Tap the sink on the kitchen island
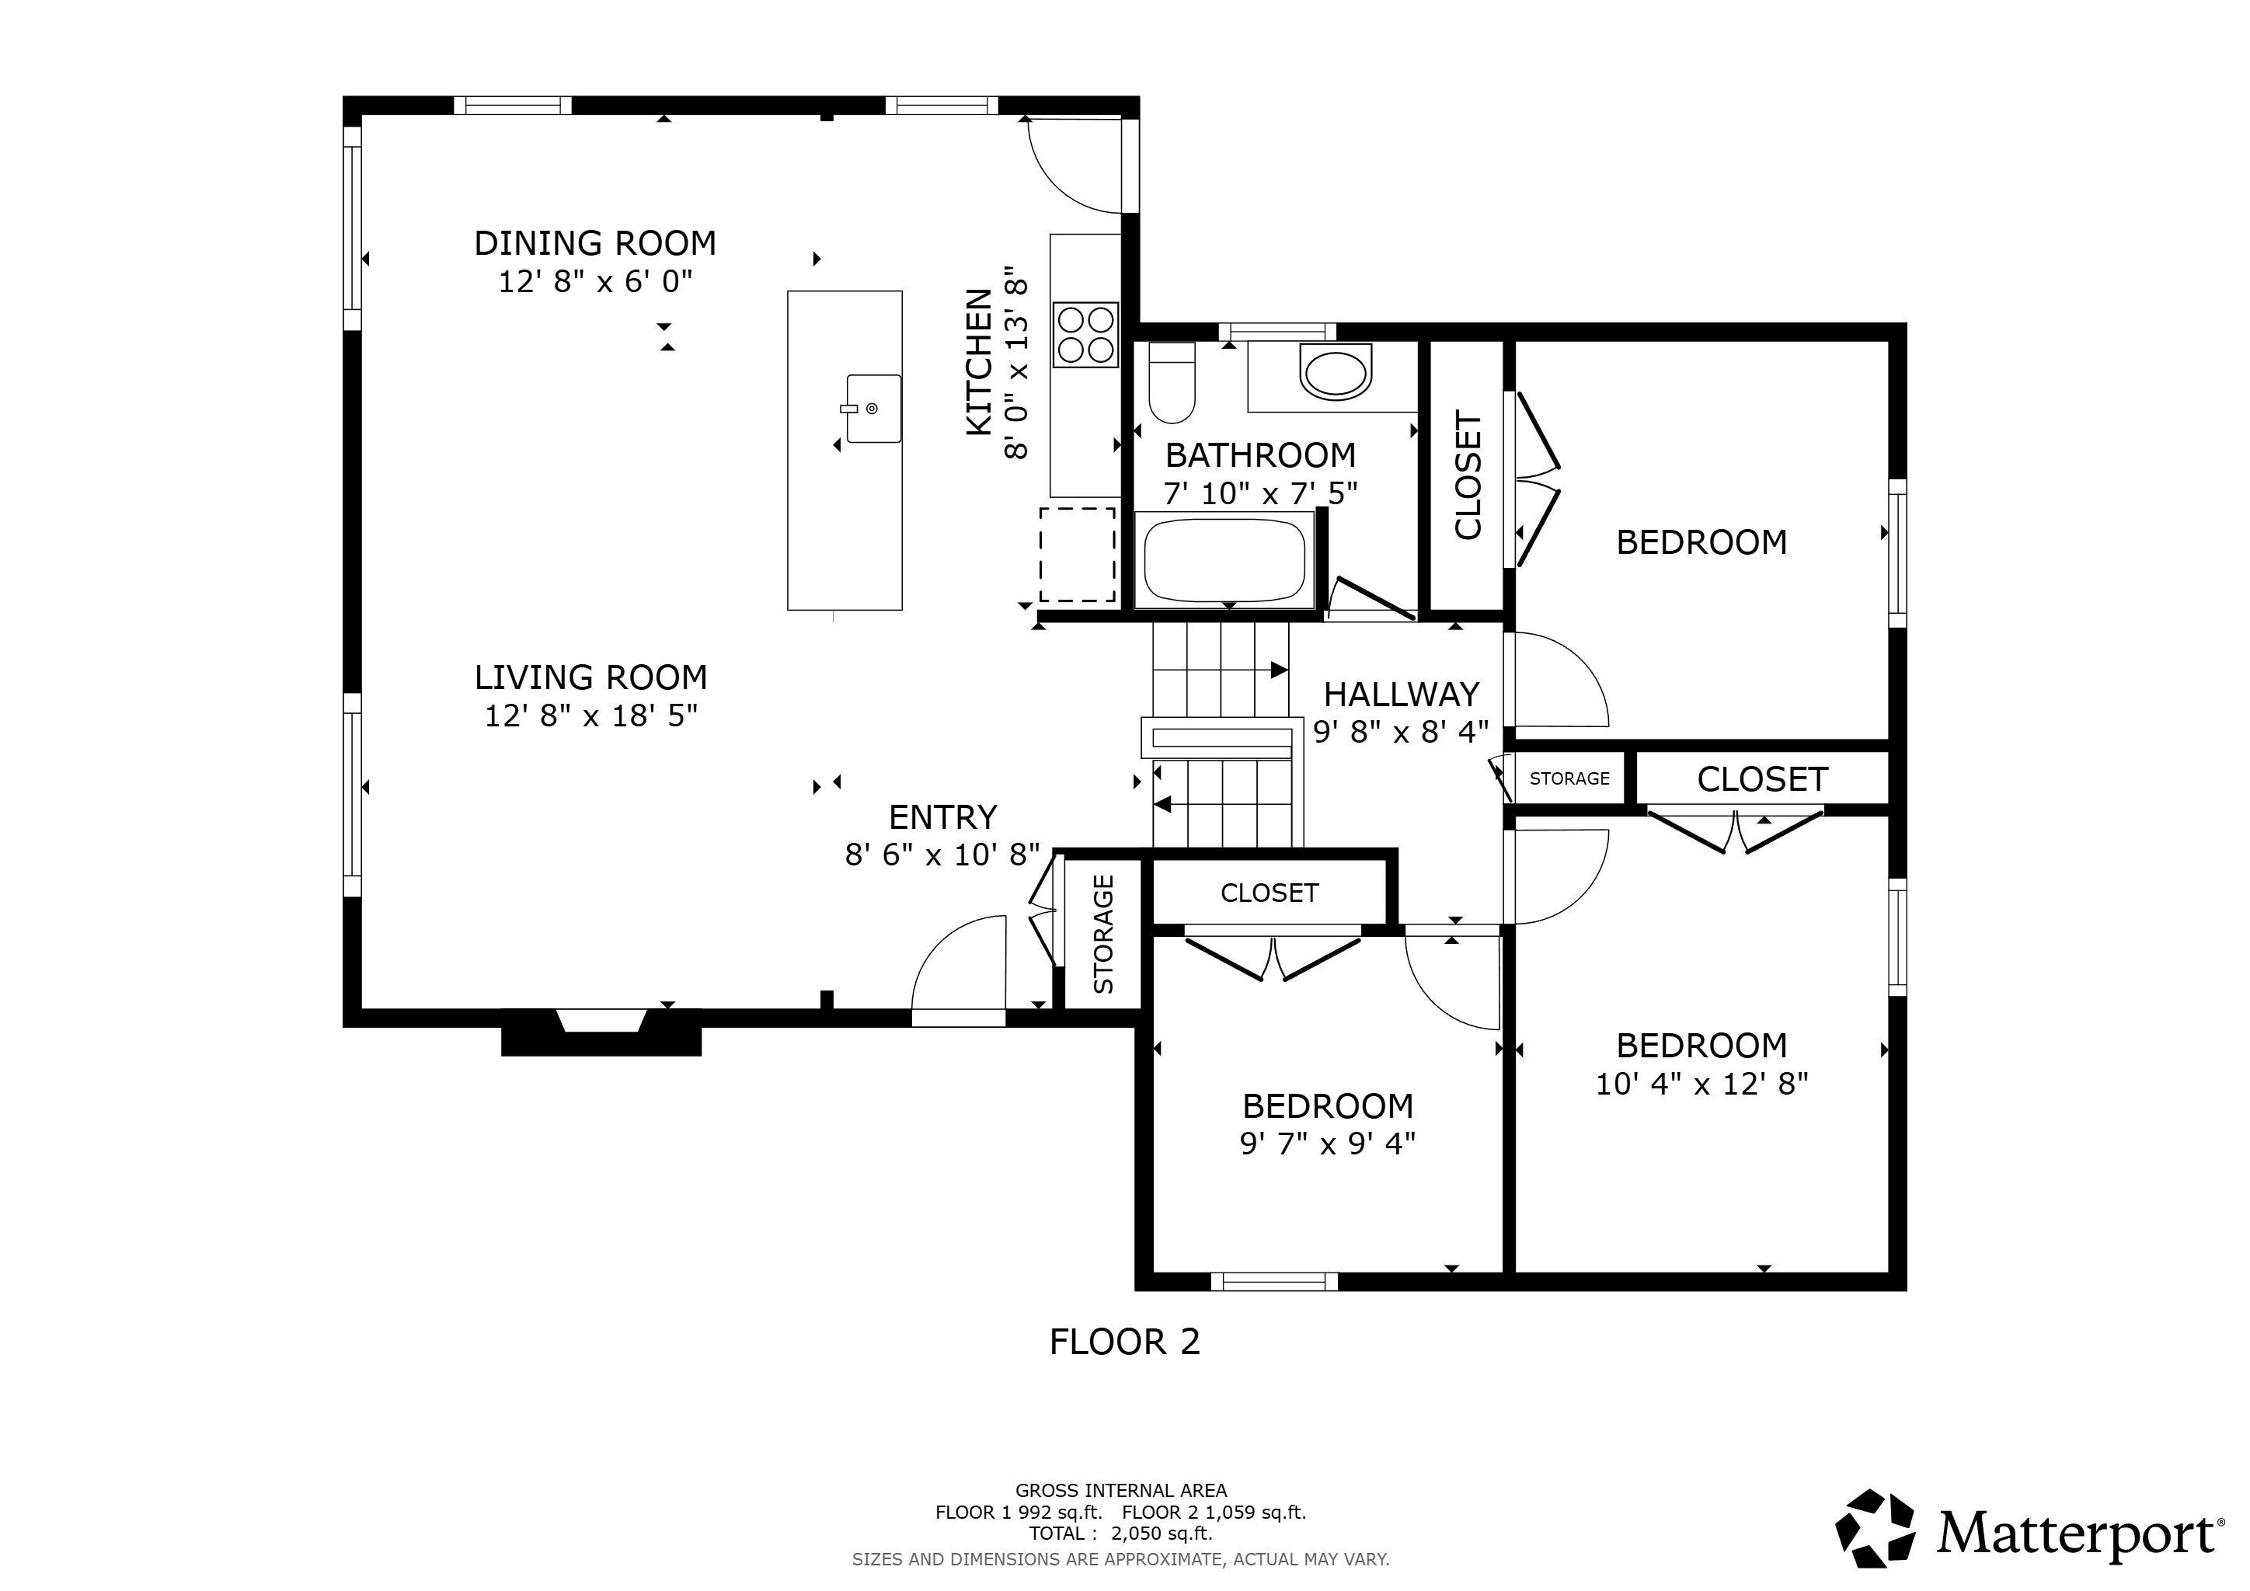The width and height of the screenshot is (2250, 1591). (x=872, y=409)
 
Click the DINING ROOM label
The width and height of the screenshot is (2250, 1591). (x=595, y=243)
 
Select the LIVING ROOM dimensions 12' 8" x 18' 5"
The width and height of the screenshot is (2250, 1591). (x=591, y=716)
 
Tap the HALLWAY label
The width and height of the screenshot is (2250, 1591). (x=1402, y=695)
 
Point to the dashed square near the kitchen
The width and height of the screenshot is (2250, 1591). (x=1077, y=555)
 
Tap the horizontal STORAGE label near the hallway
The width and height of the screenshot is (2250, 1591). (x=1569, y=779)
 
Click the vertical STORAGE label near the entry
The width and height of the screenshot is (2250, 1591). (x=1103, y=934)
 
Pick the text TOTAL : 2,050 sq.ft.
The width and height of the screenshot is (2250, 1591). (x=1120, y=1534)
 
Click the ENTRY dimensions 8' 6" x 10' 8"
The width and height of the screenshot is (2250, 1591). (x=942, y=855)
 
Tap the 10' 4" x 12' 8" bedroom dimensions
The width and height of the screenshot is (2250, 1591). (x=1701, y=1084)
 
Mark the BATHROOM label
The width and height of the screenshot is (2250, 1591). (x=1260, y=455)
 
